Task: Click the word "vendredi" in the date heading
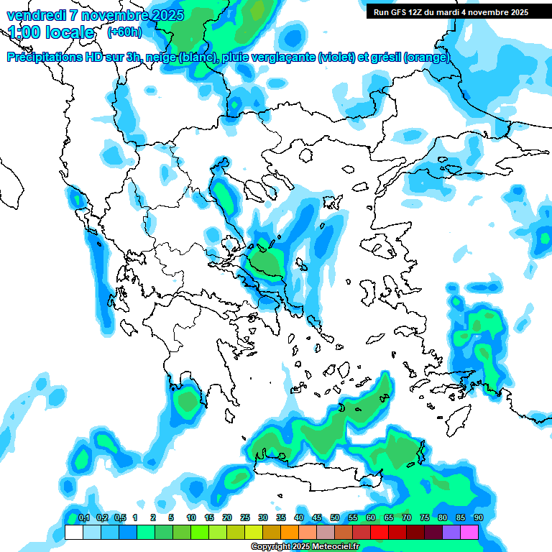(36, 15)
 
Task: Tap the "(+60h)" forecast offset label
(124, 32)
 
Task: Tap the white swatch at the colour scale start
(74, 533)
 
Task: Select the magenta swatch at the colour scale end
(469, 533)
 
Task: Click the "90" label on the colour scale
(479, 517)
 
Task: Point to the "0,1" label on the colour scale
(83, 517)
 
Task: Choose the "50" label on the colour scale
(335, 517)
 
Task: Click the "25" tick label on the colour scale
(245, 517)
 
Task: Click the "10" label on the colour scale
(191, 517)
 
